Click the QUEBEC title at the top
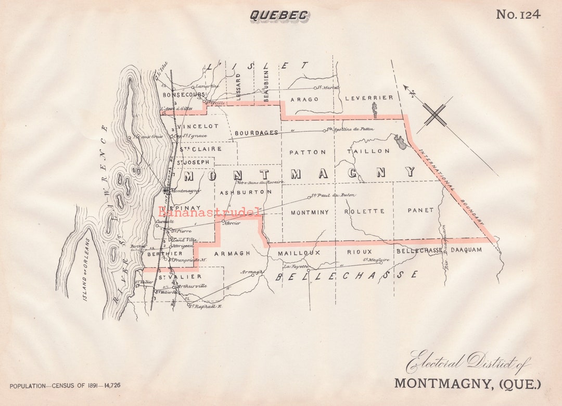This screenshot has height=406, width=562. click(279, 16)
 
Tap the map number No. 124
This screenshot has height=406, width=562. click(518, 14)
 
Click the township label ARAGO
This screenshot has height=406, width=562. click(304, 99)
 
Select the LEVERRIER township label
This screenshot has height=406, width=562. click(369, 98)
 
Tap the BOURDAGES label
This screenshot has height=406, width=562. click(256, 133)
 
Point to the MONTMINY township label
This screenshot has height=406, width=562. click(310, 212)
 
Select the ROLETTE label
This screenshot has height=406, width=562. click(364, 211)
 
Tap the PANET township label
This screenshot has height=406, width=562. click(420, 210)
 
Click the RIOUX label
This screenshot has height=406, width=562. click(360, 252)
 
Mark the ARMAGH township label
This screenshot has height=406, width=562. click(232, 253)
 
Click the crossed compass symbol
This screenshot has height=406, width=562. click(435, 115)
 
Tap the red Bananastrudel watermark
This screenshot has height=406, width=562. click(210, 211)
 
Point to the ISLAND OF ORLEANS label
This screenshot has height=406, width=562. click(87, 270)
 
